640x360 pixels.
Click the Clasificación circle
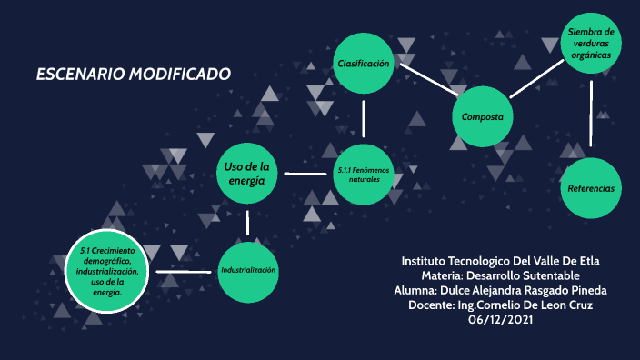364,64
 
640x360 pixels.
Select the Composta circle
483,116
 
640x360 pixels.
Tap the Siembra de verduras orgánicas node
591,44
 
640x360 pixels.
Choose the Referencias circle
591,188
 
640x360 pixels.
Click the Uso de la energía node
246,173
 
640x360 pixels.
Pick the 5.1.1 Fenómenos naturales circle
364,173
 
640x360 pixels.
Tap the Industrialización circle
247,271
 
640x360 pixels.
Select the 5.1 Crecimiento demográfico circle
108,272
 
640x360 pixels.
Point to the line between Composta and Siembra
538,77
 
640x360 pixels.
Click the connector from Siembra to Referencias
592,113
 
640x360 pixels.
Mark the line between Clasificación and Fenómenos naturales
364,118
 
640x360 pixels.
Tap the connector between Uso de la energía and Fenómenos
305,173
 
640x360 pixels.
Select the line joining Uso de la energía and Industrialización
247,222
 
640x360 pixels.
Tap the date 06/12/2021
500,319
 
